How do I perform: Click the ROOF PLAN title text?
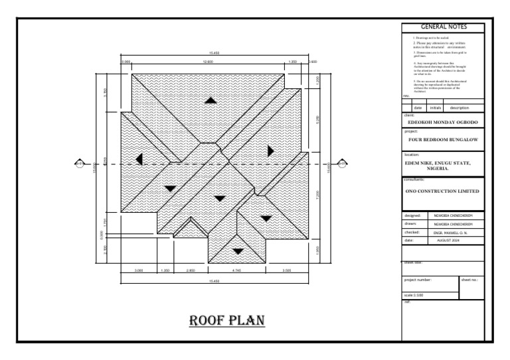click(x=227, y=321)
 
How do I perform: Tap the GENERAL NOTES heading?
click(x=444, y=27)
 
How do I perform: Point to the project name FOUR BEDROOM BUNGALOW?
click(x=443, y=141)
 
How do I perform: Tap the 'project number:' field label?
click(x=418, y=280)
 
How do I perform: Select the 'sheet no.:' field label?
click(x=469, y=280)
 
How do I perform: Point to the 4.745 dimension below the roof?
click(x=237, y=270)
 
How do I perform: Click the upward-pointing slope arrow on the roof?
click(x=211, y=100)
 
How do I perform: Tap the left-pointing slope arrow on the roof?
click(x=139, y=159)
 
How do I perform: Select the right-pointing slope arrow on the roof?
click(x=270, y=150)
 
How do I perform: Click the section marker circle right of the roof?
click(x=342, y=162)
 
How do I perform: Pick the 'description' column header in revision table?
click(x=459, y=107)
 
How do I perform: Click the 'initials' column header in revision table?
click(x=435, y=107)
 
